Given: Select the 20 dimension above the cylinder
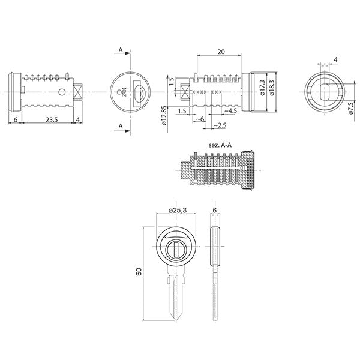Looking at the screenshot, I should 221,52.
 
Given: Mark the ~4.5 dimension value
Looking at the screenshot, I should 230,110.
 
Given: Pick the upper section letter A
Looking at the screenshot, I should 121,52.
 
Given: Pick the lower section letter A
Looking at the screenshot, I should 121,126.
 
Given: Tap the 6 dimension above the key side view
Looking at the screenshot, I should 215,209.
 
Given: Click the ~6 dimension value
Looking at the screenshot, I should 200,119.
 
